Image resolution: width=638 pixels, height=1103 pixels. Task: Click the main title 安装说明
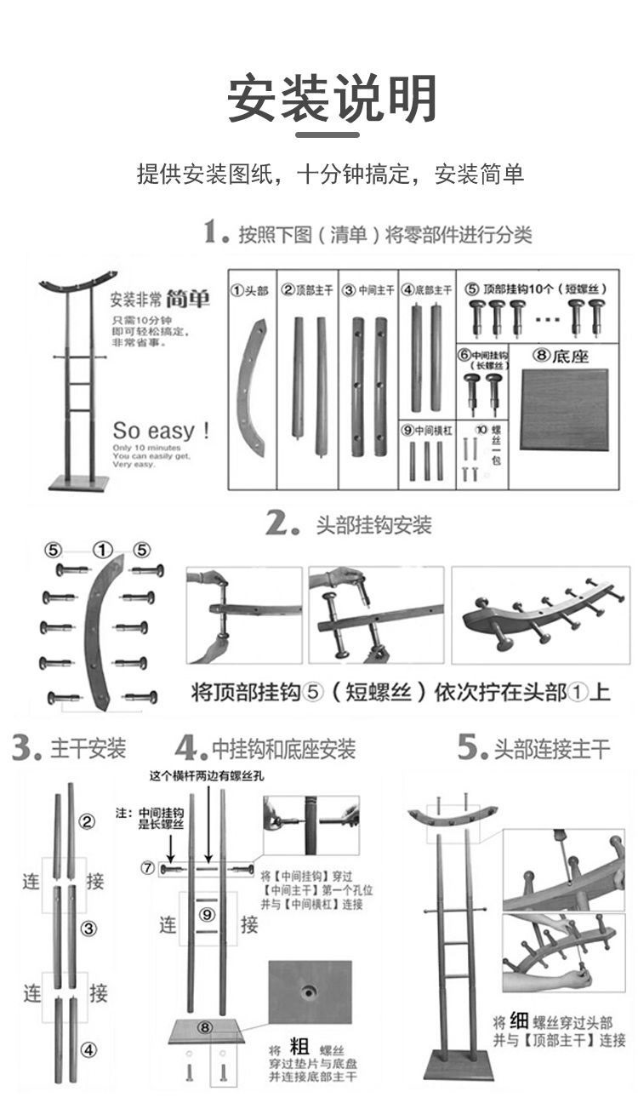point(332,99)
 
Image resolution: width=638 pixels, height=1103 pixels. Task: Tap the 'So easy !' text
point(161,429)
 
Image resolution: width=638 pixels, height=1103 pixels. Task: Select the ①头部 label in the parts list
point(250,290)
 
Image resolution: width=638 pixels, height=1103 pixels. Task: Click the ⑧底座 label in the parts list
point(561,356)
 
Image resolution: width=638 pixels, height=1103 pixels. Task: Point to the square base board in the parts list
point(564,411)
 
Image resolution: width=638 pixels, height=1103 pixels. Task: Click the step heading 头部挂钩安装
point(373,525)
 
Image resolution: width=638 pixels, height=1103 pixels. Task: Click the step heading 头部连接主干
point(552,749)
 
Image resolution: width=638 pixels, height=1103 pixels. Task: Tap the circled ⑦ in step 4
point(148,868)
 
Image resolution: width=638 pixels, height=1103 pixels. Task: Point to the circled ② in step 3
point(87,822)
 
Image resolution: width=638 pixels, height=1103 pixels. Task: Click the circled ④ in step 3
point(88,1049)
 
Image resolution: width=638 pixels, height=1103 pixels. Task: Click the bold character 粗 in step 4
point(300,1048)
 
